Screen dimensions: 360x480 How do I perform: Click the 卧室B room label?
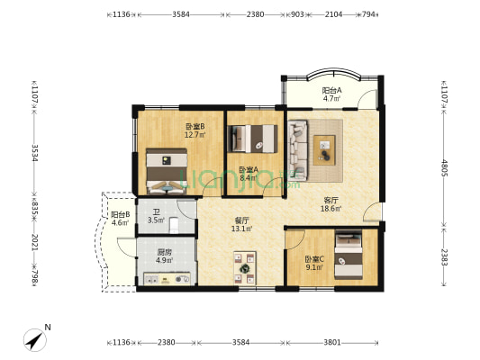click(x=195, y=130)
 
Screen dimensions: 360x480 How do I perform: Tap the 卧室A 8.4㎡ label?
click(x=249, y=173)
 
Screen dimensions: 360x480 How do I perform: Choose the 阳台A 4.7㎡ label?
click(x=331, y=94)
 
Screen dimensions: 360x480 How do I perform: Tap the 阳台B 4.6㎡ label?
click(x=120, y=219)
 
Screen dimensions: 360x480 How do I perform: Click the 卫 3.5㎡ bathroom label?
click(x=156, y=215)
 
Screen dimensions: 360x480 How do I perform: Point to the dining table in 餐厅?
click(x=244, y=267)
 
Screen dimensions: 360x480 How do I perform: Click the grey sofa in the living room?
click(x=299, y=148)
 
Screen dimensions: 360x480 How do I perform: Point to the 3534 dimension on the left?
click(x=35, y=149)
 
